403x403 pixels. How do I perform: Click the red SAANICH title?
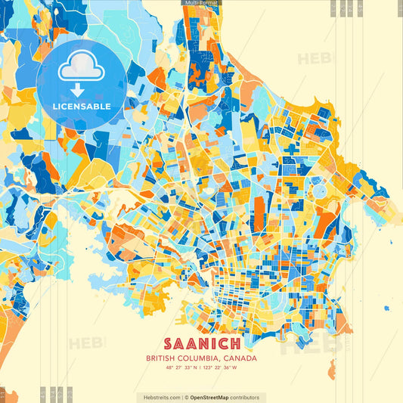tap(201, 343)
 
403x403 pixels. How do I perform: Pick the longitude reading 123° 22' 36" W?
tap(220, 367)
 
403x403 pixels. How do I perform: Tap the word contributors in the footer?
tap(244, 397)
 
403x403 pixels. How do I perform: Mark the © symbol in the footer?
tap(186, 397)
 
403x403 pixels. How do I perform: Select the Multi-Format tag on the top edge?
tap(201, 3)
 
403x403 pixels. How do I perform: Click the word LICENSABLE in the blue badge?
tap(82, 107)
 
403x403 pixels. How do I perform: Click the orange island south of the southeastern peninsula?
tap(332, 368)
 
